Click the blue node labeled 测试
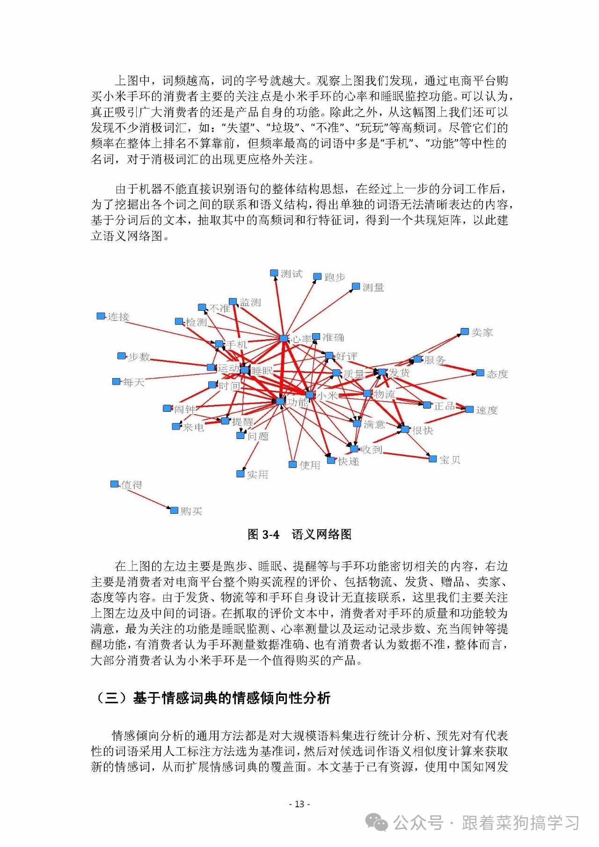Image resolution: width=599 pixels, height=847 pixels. [x=274, y=273]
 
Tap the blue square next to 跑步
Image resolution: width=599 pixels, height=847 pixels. [x=317, y=277]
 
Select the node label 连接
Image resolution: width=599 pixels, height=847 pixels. [x=118, y=317]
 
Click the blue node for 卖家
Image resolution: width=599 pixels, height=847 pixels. [x=464, y=332]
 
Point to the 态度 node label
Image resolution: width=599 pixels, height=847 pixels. [x=497, y=374]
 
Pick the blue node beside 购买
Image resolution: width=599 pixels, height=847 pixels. [x=174, y=510]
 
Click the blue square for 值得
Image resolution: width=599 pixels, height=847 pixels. [x=114, y=484]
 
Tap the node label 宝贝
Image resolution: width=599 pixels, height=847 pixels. [x=450, y=460]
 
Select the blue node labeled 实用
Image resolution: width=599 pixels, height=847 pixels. [x=241, y=474]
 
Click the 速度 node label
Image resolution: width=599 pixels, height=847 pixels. [x=487, y=410]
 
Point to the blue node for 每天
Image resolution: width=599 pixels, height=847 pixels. [x=116, y=382]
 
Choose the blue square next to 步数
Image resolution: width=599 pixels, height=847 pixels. [x=121, y=356]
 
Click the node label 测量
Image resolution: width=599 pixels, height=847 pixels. [x=373, y=287]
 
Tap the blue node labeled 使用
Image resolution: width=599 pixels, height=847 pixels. [x=292, y=464]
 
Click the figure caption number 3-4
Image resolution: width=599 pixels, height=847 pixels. [x=270, y=534]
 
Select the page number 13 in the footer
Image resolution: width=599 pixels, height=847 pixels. [x=299, y=804]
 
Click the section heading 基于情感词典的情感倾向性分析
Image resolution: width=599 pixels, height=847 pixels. [x=232, y=698]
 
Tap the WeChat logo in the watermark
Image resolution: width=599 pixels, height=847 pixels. [x=377, y=822]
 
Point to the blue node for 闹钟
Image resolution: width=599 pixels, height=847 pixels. [x=167, y=409]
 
